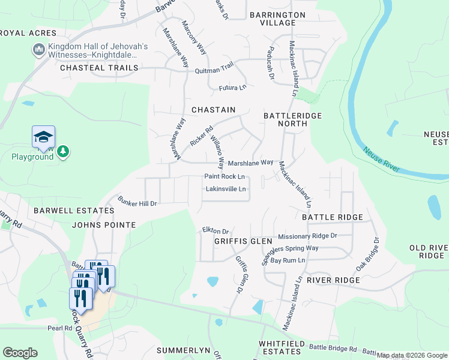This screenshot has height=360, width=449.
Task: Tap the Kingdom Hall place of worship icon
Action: [39, 49]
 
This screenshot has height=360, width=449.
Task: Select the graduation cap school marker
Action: [44, 137]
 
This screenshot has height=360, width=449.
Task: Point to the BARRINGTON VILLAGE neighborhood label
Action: [277, 19]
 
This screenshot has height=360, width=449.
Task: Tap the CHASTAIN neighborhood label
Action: [213, 110]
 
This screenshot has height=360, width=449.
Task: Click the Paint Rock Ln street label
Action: [224, 176]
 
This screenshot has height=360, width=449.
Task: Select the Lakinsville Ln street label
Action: [226, 189]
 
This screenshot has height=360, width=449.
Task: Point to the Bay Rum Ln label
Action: [288, 260]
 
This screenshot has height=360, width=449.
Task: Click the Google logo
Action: [20, 353]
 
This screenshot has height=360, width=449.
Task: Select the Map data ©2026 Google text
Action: [412, 356]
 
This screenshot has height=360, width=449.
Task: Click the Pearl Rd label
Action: [60, 328]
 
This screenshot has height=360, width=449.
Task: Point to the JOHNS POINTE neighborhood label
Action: [104, 225]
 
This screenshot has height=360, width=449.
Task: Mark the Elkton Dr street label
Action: [216, 231]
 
